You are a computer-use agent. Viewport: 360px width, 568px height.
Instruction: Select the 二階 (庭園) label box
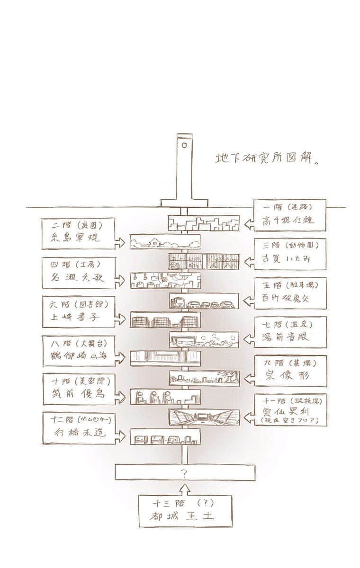click(x=78, y=233)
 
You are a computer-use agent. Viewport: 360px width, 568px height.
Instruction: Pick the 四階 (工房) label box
click(x=78, y=273)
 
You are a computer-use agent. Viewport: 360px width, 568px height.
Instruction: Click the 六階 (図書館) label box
click(x=78, y=311)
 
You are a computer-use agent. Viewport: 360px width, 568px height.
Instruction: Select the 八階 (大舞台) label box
click(x=78, y=351)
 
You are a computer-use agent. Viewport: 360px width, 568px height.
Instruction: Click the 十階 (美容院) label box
click(x=78, y=389)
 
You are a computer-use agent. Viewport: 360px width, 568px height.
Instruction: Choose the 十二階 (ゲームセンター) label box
click(x=78, y=428)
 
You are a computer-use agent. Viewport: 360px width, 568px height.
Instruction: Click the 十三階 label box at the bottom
click(x=185, y=510)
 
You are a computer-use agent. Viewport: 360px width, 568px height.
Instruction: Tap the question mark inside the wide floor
click(x=185, y=472)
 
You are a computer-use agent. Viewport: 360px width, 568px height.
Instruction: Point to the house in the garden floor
click(x=156, y=243)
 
